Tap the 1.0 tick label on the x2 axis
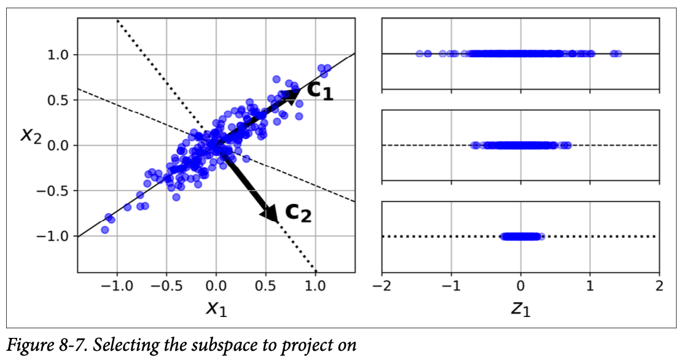60,55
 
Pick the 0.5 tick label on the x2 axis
60,101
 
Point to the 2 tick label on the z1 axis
659,286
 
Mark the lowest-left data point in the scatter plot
104,229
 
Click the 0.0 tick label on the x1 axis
216,286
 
